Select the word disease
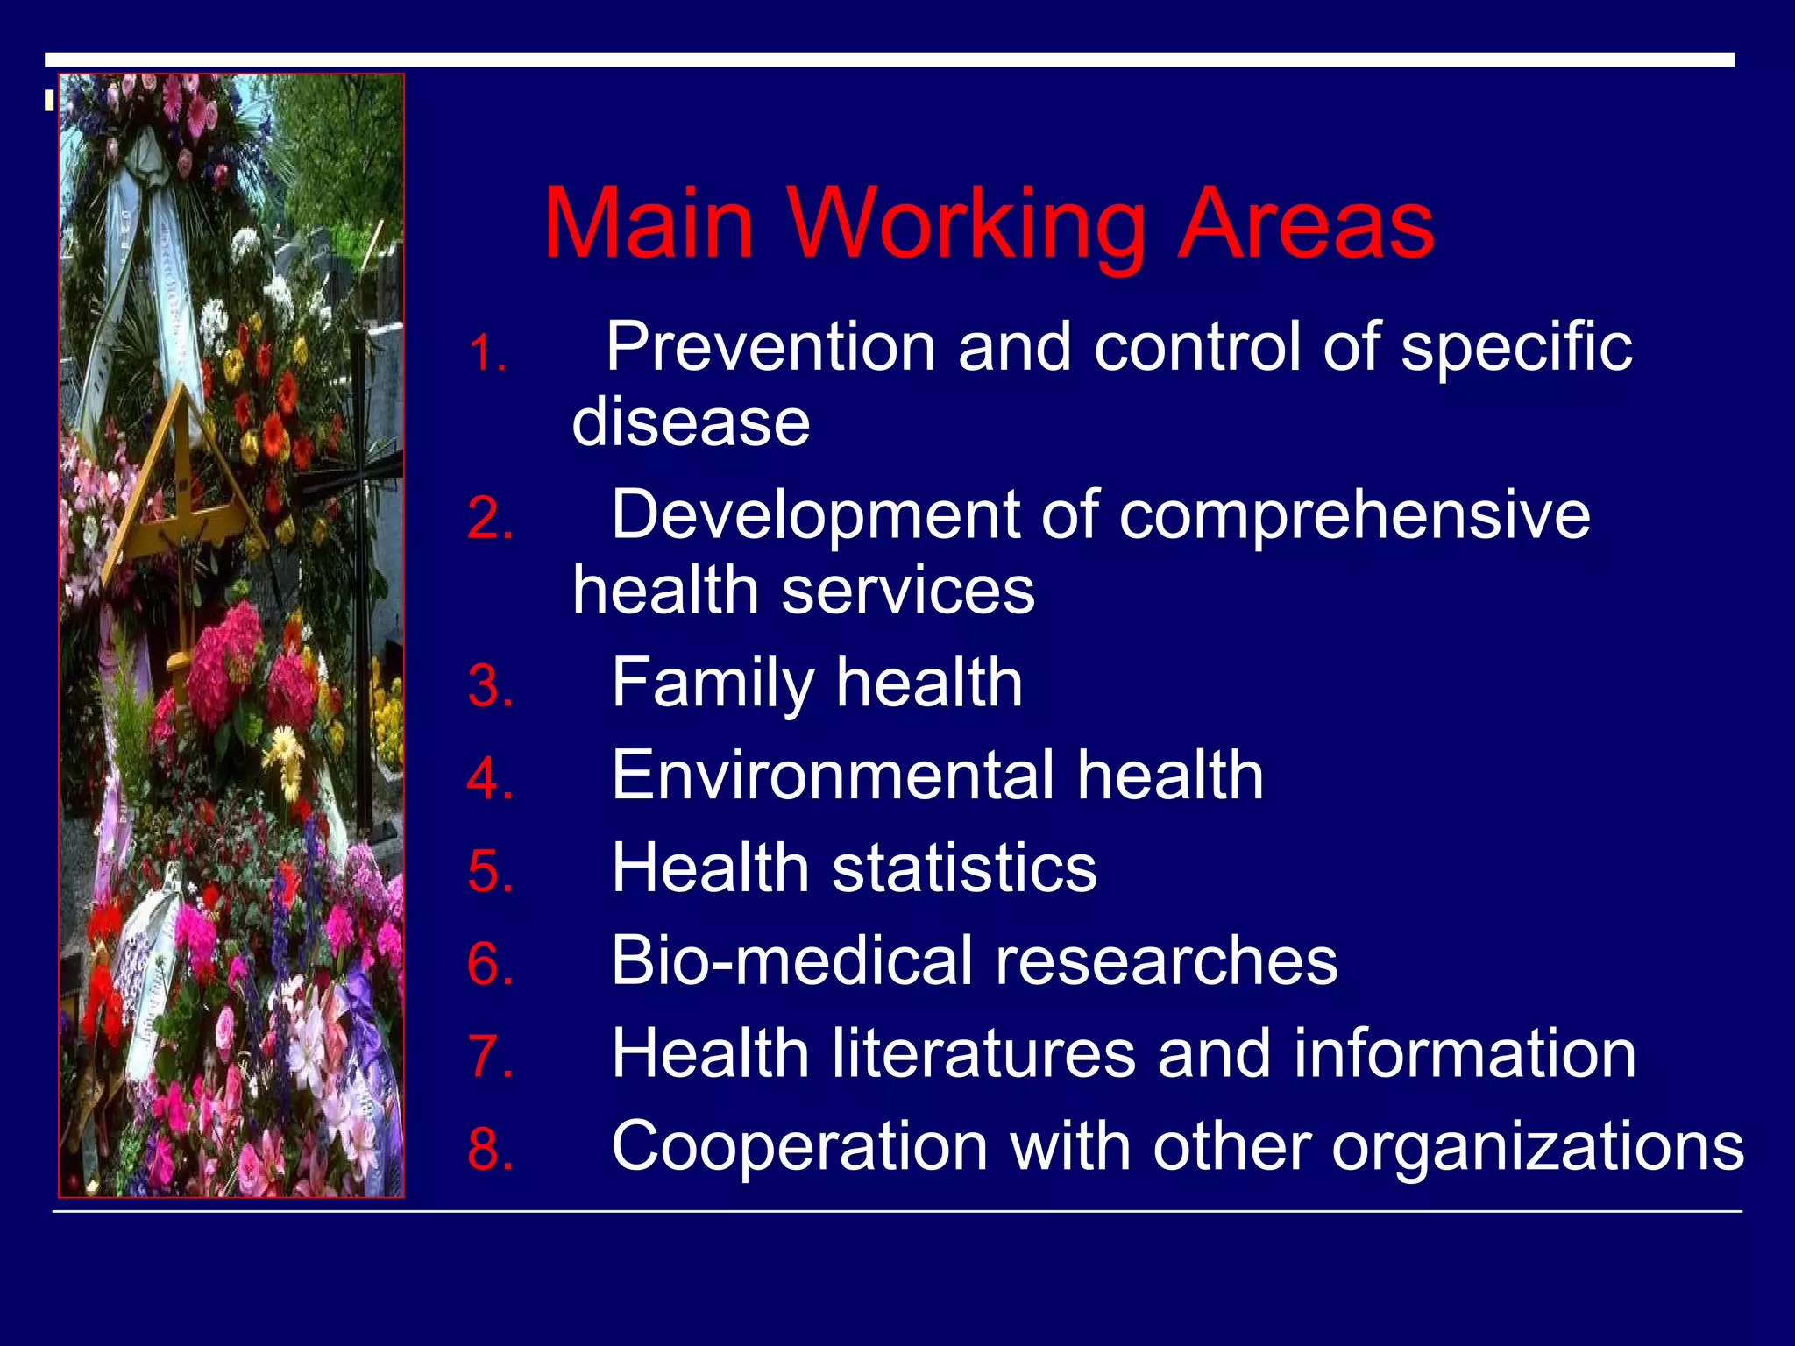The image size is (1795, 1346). click(x=691, y=422)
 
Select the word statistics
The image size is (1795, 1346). click(x=963, y=868)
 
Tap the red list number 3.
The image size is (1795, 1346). click(x=490, y=686)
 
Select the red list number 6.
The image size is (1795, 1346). click(x=490, y=964)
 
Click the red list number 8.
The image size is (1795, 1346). click(x=490, y=1149)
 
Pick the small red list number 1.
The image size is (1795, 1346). click(x=487, y=355)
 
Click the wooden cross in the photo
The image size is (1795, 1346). click(x=180, y=491)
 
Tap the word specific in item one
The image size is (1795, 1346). click(x=1515, y=349)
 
